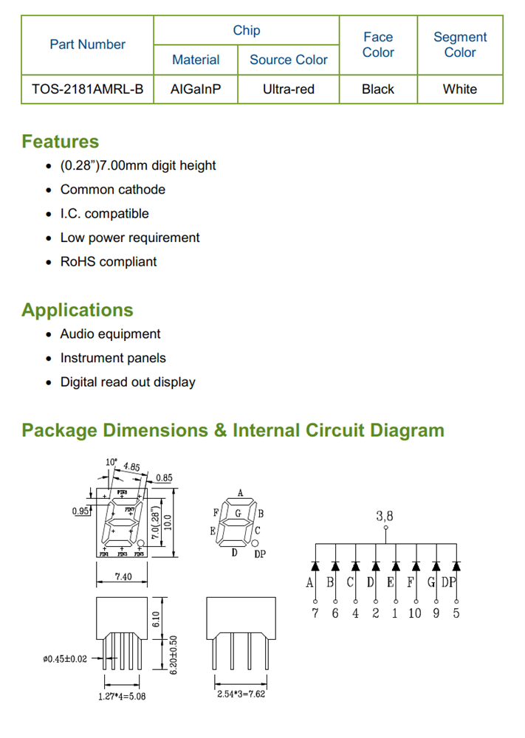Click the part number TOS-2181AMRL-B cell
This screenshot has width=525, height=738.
[87, 89]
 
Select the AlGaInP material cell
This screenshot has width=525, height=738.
[195, 89]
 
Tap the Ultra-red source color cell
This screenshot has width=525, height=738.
[288, 89]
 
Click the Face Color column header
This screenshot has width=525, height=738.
[378, 44]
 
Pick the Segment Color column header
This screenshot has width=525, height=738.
[460, 44]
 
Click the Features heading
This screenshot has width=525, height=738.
[60, 141]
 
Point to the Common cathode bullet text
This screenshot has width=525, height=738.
[113, 190]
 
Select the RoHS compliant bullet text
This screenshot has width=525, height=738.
[109, 262]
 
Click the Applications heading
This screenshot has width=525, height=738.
[78, 310]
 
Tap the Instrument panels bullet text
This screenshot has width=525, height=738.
[113, 358]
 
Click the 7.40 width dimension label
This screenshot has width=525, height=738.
[123, 576]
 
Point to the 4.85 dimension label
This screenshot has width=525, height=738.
[131, 467]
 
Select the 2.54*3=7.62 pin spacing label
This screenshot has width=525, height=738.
[240, 694]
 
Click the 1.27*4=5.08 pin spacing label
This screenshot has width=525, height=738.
[122, 696]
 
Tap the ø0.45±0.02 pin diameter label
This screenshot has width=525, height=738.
[65, 659]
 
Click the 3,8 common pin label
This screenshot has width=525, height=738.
[385, 517]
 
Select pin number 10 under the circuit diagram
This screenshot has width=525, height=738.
[414, 613]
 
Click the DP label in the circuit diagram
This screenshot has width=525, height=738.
[450, 584]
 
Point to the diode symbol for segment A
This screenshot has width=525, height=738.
[315, 567]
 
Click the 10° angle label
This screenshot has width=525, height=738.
[111, 462]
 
